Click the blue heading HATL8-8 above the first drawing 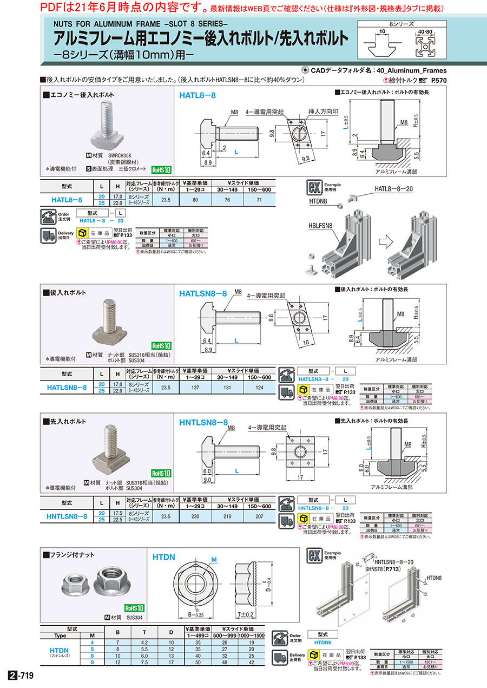pyautogui.click(x=198, y=95)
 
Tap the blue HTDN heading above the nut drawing pyautogui.click(x=163, y=556)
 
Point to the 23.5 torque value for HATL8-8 pyautogui.click(x=166, y=199)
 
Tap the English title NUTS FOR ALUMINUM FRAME pyautogui.click(x=141, y=24)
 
